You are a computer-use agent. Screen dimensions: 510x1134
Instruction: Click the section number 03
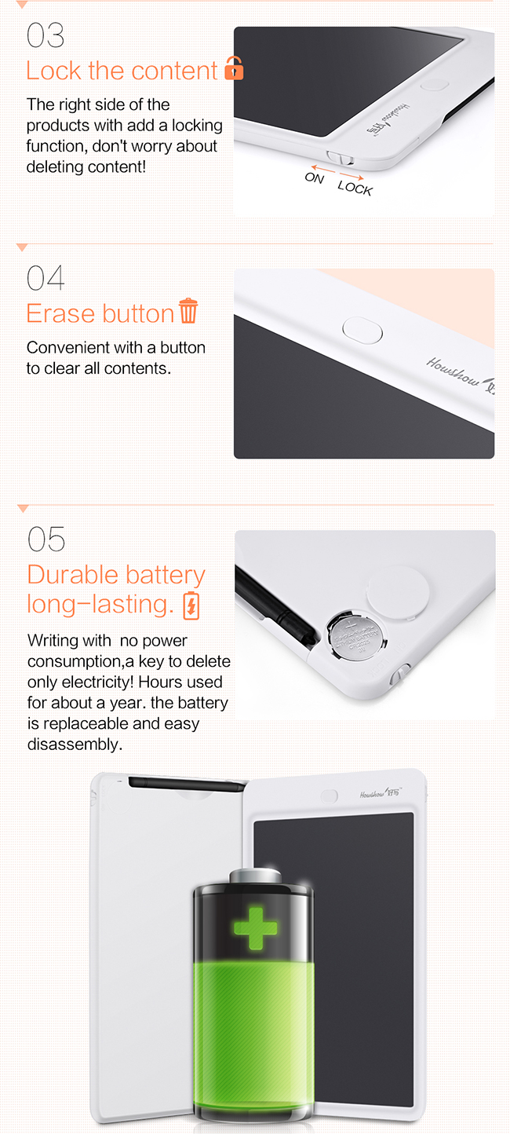point(46,35)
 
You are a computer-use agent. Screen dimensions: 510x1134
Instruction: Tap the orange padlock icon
point(234,68)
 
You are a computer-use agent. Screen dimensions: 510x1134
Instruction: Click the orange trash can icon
point(188,310)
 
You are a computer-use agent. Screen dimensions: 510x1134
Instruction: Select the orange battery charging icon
point(191,605)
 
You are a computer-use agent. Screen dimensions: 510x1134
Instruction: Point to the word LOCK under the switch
point(355,188)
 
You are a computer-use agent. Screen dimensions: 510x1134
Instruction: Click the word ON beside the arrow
point(314,177)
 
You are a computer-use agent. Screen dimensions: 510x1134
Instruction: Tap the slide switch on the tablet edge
point(340,158)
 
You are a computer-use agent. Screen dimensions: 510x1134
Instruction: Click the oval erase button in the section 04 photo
point(362,331)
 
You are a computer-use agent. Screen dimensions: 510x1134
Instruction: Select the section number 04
point(46,278)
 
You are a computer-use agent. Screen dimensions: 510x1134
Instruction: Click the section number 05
point(46,540)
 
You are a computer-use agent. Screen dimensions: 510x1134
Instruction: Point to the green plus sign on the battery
point(256,928)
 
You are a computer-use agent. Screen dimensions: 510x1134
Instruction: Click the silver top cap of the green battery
point(256,876)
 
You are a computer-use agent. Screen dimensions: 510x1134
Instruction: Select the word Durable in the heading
point(73,575)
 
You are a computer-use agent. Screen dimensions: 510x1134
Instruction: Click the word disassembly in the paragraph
point(75,744)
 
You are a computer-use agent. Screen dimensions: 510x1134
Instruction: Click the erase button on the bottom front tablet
point(330,796)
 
